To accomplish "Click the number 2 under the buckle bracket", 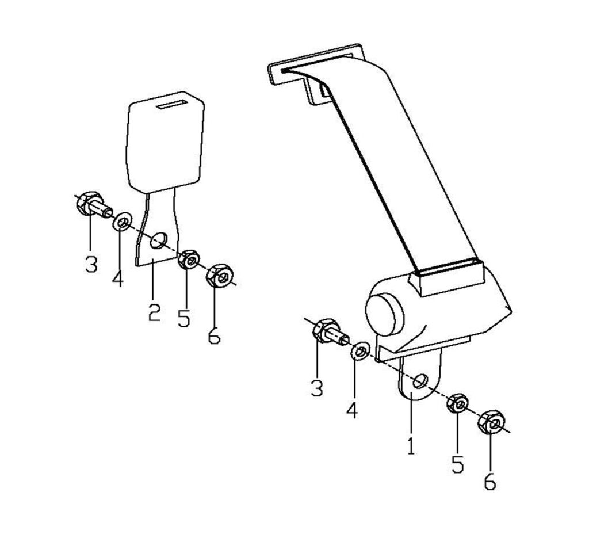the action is (x=154, y=312).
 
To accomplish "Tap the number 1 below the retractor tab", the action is (x=412, y=445).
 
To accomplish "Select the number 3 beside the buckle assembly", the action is (x=91, y=264).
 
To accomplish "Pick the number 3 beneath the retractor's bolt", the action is (x=318, y=388).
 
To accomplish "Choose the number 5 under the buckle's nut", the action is (x=183, y=318).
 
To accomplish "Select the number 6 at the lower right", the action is (x=490, y=482).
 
